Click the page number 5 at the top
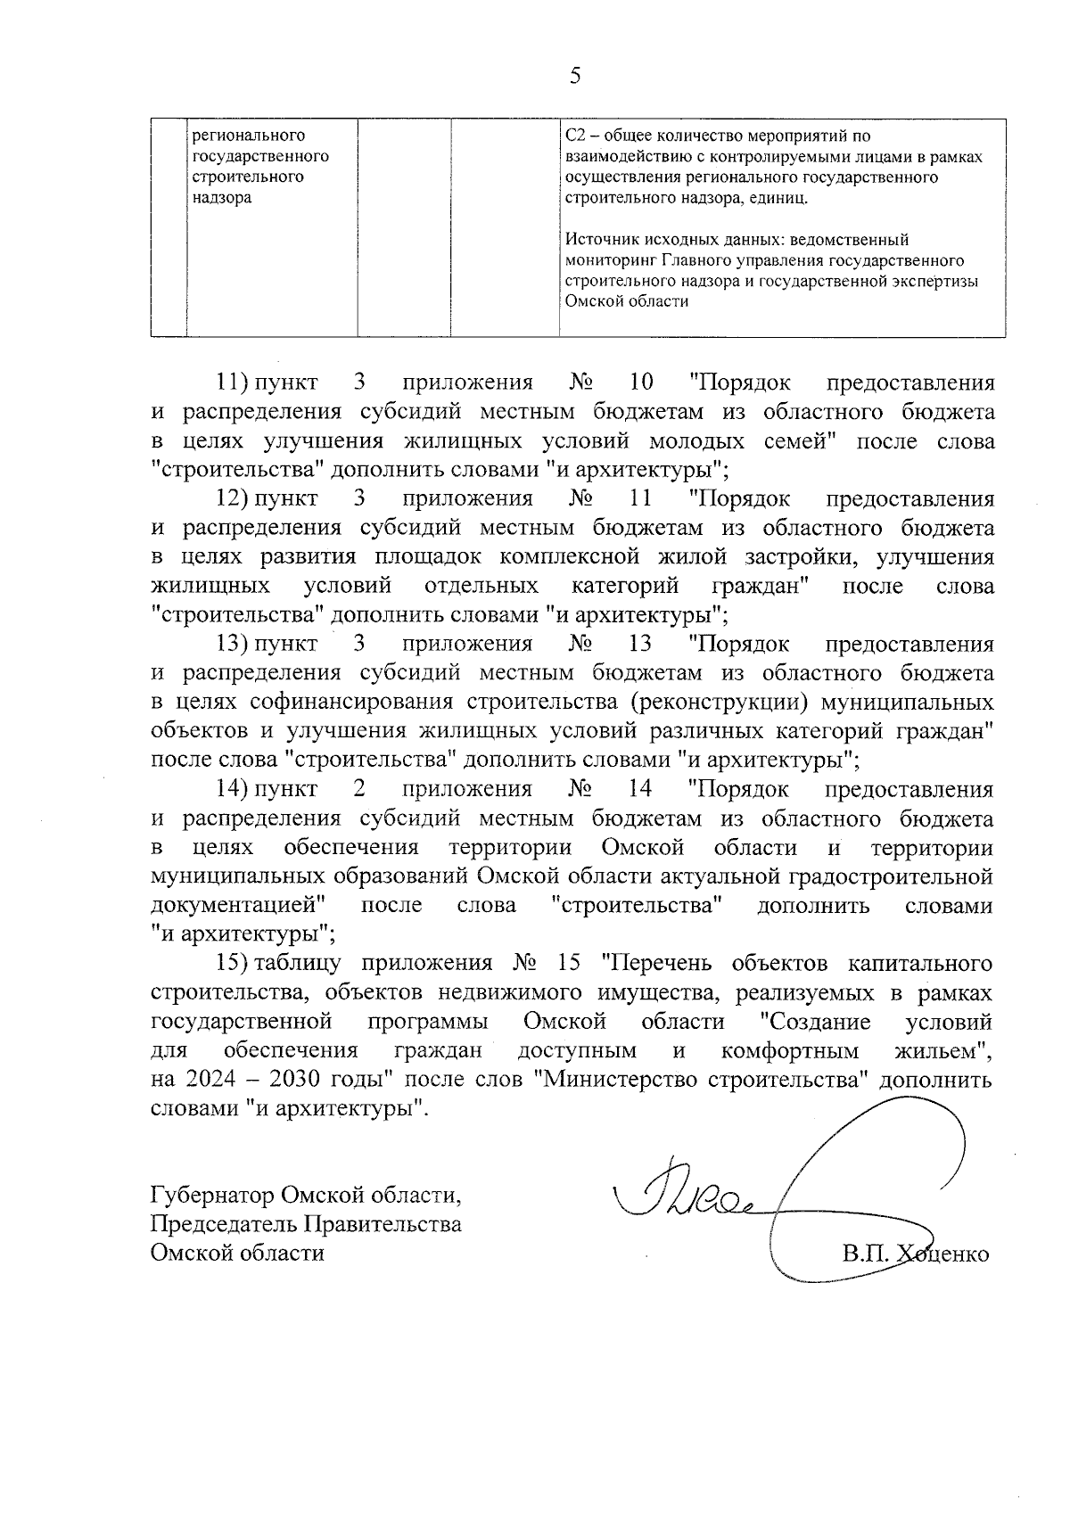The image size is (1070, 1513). [x=575, y=76]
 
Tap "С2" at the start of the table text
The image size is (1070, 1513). [x=575, y=136]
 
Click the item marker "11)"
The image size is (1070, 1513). [x=234, y=383]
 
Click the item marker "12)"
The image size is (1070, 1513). [x=234, y=498]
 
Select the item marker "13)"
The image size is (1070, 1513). [x=234, y=644]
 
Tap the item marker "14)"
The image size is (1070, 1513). [x=234, y=789]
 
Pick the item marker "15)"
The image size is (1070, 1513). [x=234, y=964]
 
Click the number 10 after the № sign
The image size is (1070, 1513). [x=640, y=383]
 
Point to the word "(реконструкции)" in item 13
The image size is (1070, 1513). [x=720, y=702]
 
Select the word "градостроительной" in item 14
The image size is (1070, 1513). [x=892, y=876]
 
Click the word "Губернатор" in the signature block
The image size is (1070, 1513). [x=211, y=1194]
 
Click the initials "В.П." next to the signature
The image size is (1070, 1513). [x=863, y=1254]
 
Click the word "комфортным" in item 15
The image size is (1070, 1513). [x=790, y=1050]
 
